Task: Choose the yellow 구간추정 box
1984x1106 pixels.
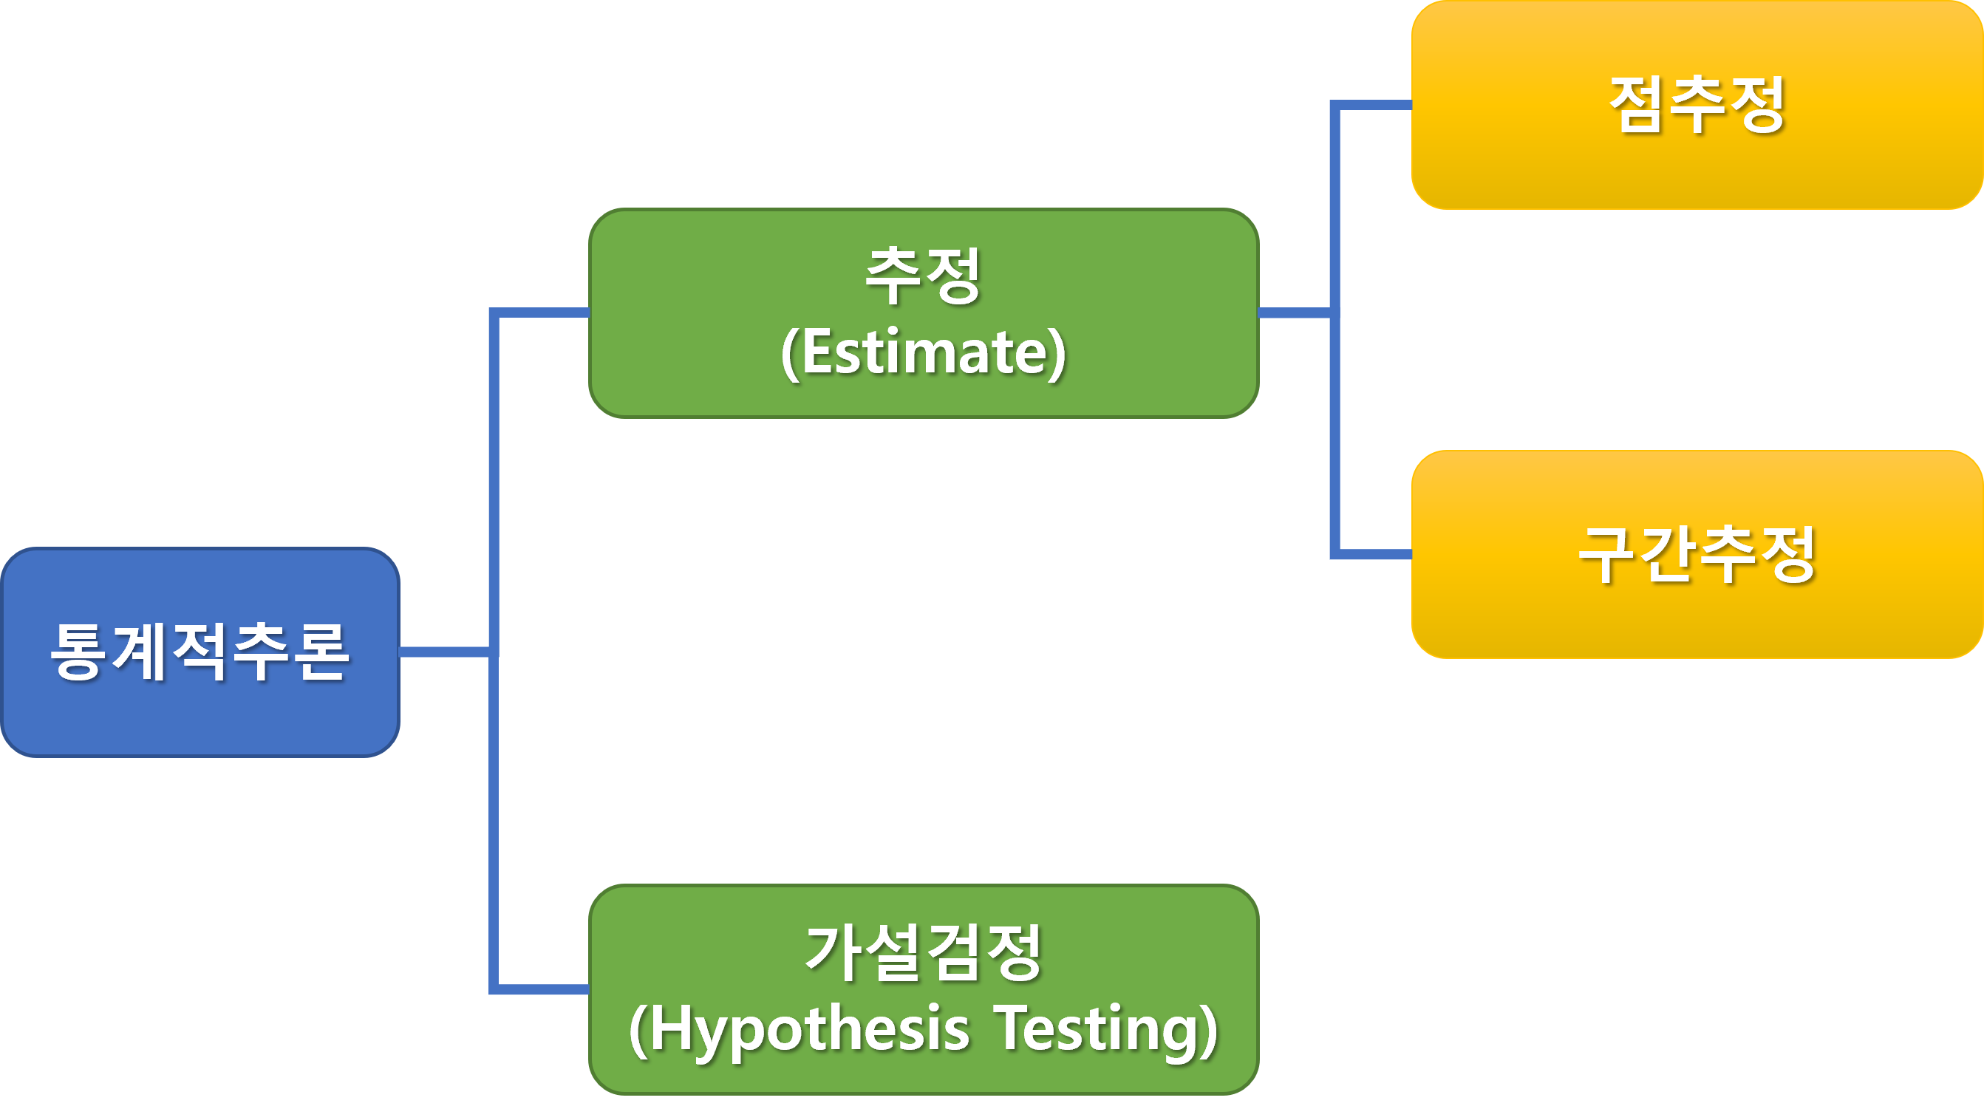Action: [x=1697, y=624]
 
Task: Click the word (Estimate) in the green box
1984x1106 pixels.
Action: [x=924, y=352]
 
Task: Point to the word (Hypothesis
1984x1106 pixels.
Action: [x=799, y=1030]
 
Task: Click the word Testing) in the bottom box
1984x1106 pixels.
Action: [x=1107, y=1030]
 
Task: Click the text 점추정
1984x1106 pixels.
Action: [x=1697, y=104]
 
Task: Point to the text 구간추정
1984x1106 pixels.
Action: [x=1697, y=555]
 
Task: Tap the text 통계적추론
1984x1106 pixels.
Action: [x=200, y=652]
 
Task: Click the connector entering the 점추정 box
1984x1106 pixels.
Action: [x=1375, y=106]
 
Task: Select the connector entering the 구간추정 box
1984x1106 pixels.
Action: [x=1375, y=555]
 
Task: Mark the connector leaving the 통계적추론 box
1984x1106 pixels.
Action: [x=444, y=652]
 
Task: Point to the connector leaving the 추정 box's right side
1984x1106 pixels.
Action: [x=1294, y=313]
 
